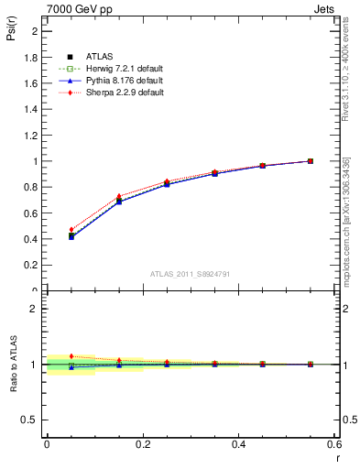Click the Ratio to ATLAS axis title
pos(14,390)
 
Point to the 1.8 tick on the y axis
pos(30,57)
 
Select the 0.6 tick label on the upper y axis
pos(30,213)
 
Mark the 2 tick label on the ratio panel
pos(33,309)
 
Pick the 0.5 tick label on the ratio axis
pos(30,420)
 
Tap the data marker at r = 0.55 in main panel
pos(311,161)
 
